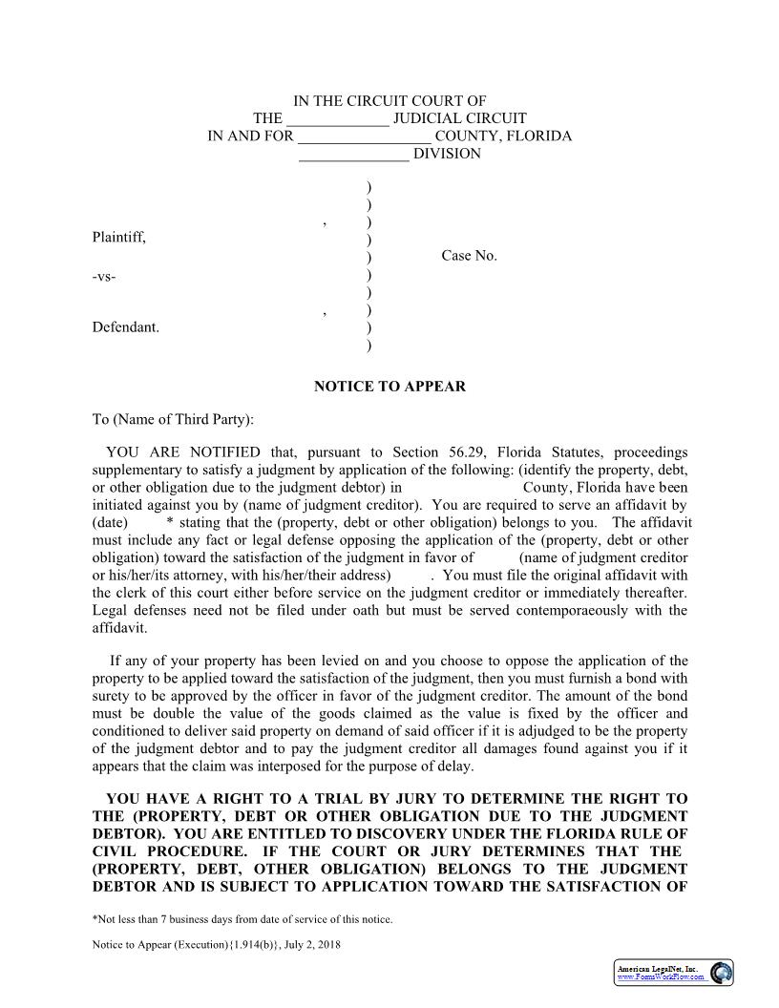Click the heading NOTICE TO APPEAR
pos(389,387)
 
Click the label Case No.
pos(469,256)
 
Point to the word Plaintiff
pos(118,237)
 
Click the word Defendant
pos(125,327)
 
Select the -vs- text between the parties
pos(104,277)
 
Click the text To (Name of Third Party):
pos(173,419)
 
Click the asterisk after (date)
pos(169,523)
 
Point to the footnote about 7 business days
pos(242,919)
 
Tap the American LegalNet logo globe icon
pos(721,973)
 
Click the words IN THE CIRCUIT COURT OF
pos(389,101)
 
